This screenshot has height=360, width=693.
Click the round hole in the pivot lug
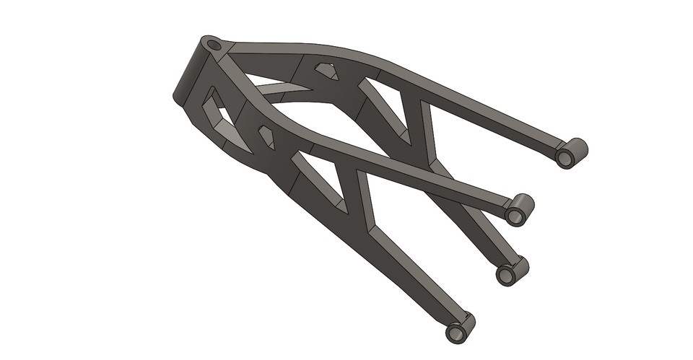[213, 45]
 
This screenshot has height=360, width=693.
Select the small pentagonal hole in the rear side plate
[326, 71]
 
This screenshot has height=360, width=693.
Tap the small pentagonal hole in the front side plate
[266, 136]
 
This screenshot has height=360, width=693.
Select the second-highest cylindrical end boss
[519, 209]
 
